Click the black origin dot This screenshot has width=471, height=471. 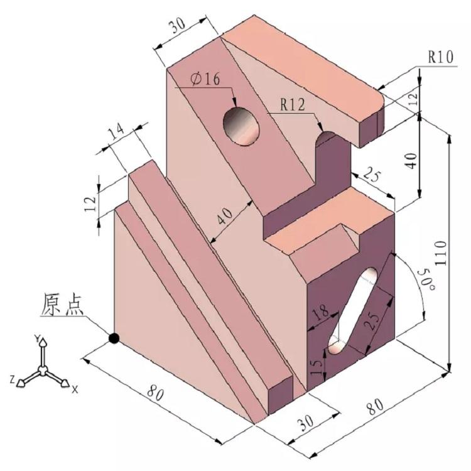coord(114,338)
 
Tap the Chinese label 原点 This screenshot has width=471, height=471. coord(63,305)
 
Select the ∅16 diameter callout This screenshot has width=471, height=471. coord(203,78)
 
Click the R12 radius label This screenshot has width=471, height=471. coord(293,105)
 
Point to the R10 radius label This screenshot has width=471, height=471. coord(441,57)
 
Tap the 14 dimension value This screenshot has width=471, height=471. coord(117,134)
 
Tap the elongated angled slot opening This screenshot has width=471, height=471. coord(354,311)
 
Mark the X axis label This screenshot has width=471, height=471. coord(74,389)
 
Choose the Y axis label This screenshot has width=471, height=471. coord(37,340)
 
